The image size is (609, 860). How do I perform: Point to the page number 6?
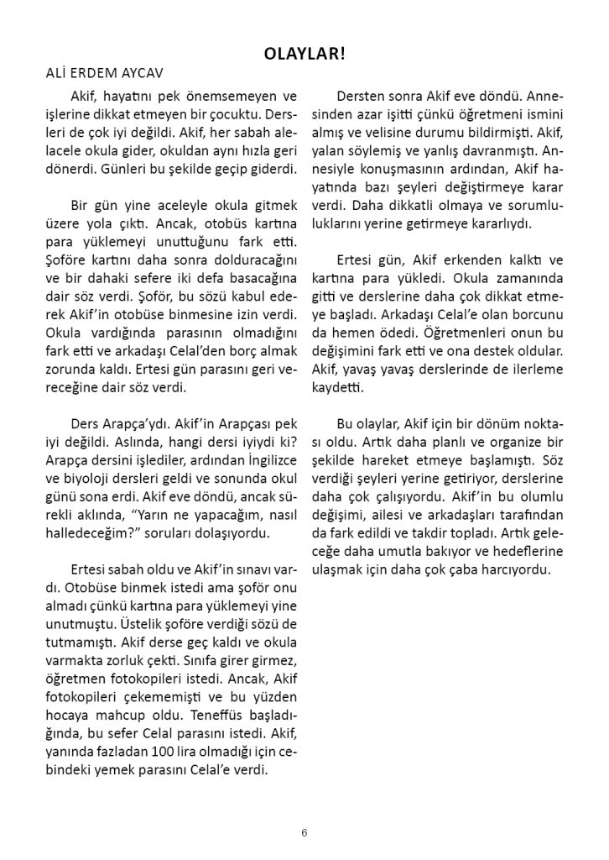(304, 833)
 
